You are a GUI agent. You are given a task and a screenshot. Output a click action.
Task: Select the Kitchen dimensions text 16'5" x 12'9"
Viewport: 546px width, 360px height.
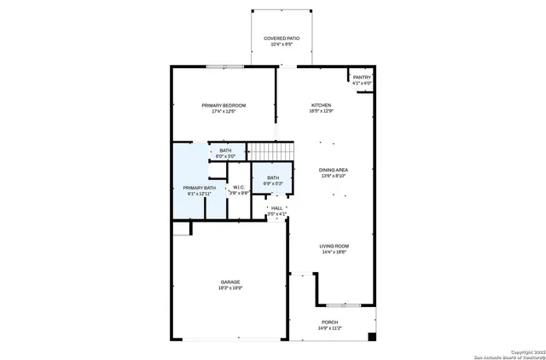(x=321, y=111)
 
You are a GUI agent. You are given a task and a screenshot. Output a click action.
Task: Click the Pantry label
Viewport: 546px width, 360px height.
(x=362, y=78)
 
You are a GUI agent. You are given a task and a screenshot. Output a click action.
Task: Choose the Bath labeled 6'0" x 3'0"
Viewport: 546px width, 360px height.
(x=225, y=151)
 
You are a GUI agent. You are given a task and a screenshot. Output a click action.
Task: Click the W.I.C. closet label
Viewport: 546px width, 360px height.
(x=239, y=188)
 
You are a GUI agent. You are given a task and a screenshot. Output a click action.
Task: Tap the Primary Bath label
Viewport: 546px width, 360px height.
(x=199, y=188)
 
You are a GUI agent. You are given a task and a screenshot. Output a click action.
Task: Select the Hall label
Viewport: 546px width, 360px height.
(x=276, y=207)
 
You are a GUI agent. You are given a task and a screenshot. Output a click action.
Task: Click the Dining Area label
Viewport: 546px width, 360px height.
(x=334, y=170)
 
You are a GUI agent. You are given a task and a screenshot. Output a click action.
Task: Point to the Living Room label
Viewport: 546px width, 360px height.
(x=334, y=247)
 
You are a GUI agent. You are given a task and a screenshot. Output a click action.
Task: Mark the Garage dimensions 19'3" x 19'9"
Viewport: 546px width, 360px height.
(x=230, y=287)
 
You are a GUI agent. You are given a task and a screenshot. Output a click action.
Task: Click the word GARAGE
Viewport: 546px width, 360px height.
(x=230, y=282)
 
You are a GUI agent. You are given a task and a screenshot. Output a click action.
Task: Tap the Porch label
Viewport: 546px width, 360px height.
(x=329, y=322)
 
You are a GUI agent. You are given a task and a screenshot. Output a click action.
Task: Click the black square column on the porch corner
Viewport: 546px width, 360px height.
(x=371, y=336)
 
